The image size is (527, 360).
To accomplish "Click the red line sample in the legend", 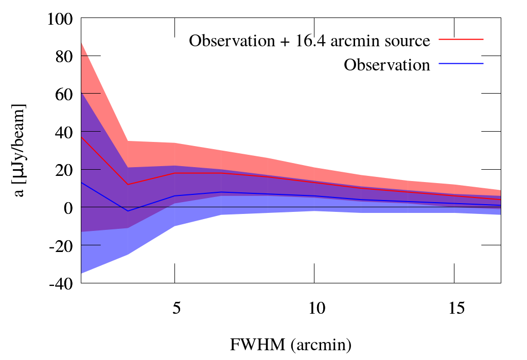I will tap(461, 39).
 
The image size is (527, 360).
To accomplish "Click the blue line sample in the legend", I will tap(461, 63).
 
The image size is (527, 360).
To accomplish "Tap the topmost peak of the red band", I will tap(81, 42).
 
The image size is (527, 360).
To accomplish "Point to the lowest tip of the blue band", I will tap(81, 273).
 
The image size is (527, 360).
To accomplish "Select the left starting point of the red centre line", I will tap(81, 136).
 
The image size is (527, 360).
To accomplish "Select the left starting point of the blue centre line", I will tap(81, 183).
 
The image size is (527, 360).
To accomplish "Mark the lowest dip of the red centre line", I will tap(128, 184).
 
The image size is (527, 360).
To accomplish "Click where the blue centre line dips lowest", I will tap(128, 211).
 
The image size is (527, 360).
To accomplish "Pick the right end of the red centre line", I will tap(501, 200).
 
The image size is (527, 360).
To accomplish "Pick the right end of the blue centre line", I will tap(501, 205).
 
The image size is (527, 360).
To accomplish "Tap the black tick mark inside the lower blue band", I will tap(91, 245).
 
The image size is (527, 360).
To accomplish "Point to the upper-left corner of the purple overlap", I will tap(81, 93).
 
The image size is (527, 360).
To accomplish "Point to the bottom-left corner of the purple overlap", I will tap(81, 231).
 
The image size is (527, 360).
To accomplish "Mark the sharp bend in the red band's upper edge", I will tap(128, 140).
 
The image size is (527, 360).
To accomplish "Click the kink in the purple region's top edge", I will tap(128, 167).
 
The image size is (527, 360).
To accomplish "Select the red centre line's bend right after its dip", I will tap(174, 173).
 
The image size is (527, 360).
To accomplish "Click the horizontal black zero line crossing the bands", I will tap(288, 207).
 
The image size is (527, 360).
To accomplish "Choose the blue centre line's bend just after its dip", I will tap(174, 196).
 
